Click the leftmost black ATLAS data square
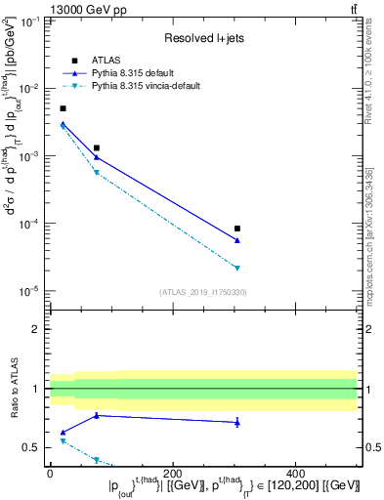tap(64, 108)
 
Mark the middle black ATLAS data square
tap(96, 147)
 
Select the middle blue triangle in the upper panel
tap(96, 156)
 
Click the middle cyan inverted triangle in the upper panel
tap(96, 173)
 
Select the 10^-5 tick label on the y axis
tap(29, 291)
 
